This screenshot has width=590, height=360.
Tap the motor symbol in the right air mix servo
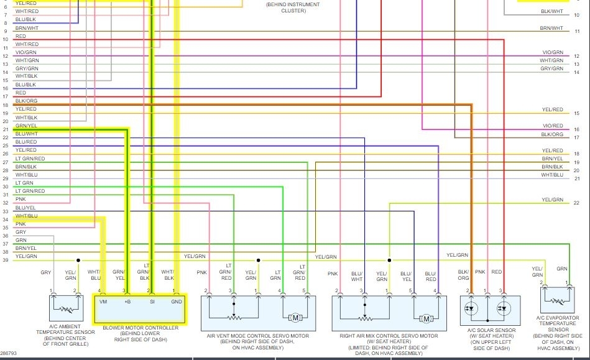click(x=426, y=318)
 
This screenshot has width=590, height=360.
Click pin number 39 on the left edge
click(x=5, y=260)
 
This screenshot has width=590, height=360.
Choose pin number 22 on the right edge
click(x=576, y=203)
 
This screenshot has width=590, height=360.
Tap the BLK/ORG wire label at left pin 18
click(x=26, y=101)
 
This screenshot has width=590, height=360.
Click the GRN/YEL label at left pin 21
click(x=26, y=126)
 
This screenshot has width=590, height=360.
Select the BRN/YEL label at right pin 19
click(x=552, y=159)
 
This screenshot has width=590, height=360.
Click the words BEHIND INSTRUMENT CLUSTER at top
click(x=293, y=7)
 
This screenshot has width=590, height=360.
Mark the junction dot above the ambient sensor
click(x=78, y=260)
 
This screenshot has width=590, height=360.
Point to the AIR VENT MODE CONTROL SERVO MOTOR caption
click(x=257, y=336)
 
